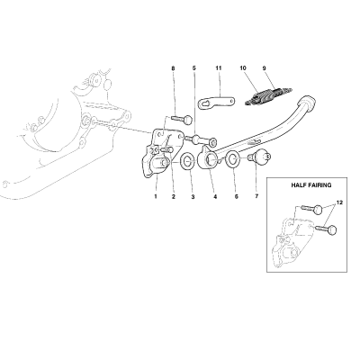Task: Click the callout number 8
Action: click(x=173, y=68)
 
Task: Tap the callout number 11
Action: click(x=219, y=68)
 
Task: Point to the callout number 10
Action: click(x=243, y=68)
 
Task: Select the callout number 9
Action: click(x=264, y=68)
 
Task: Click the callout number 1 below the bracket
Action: click(x=156, y=197)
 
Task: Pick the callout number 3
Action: click(x=193, y=197)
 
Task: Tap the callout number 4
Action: click(x=215, y=197)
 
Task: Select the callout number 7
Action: click(x=256, y=197)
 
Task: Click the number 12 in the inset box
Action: click(x=339, y=202)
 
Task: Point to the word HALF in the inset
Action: click(x=299, y=185)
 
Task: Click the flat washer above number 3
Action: click(x=188, y=162)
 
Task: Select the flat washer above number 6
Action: click(x=233, y=158)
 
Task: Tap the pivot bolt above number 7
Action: click(x=258, y=157)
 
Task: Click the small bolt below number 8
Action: click(x=182, y=119)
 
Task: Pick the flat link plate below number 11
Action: click(x=216, y=103)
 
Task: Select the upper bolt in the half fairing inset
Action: click(x=311, y=209)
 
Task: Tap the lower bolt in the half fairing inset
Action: click(x=327, y=230)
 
